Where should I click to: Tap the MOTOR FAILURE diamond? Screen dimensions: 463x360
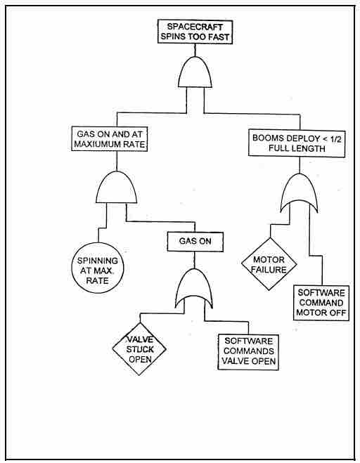pos(272,264)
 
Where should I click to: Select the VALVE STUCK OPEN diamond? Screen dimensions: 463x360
pos(143,346)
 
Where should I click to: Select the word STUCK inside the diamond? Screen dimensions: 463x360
pos(143,346)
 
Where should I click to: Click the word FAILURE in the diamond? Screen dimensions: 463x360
pos(272,269)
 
